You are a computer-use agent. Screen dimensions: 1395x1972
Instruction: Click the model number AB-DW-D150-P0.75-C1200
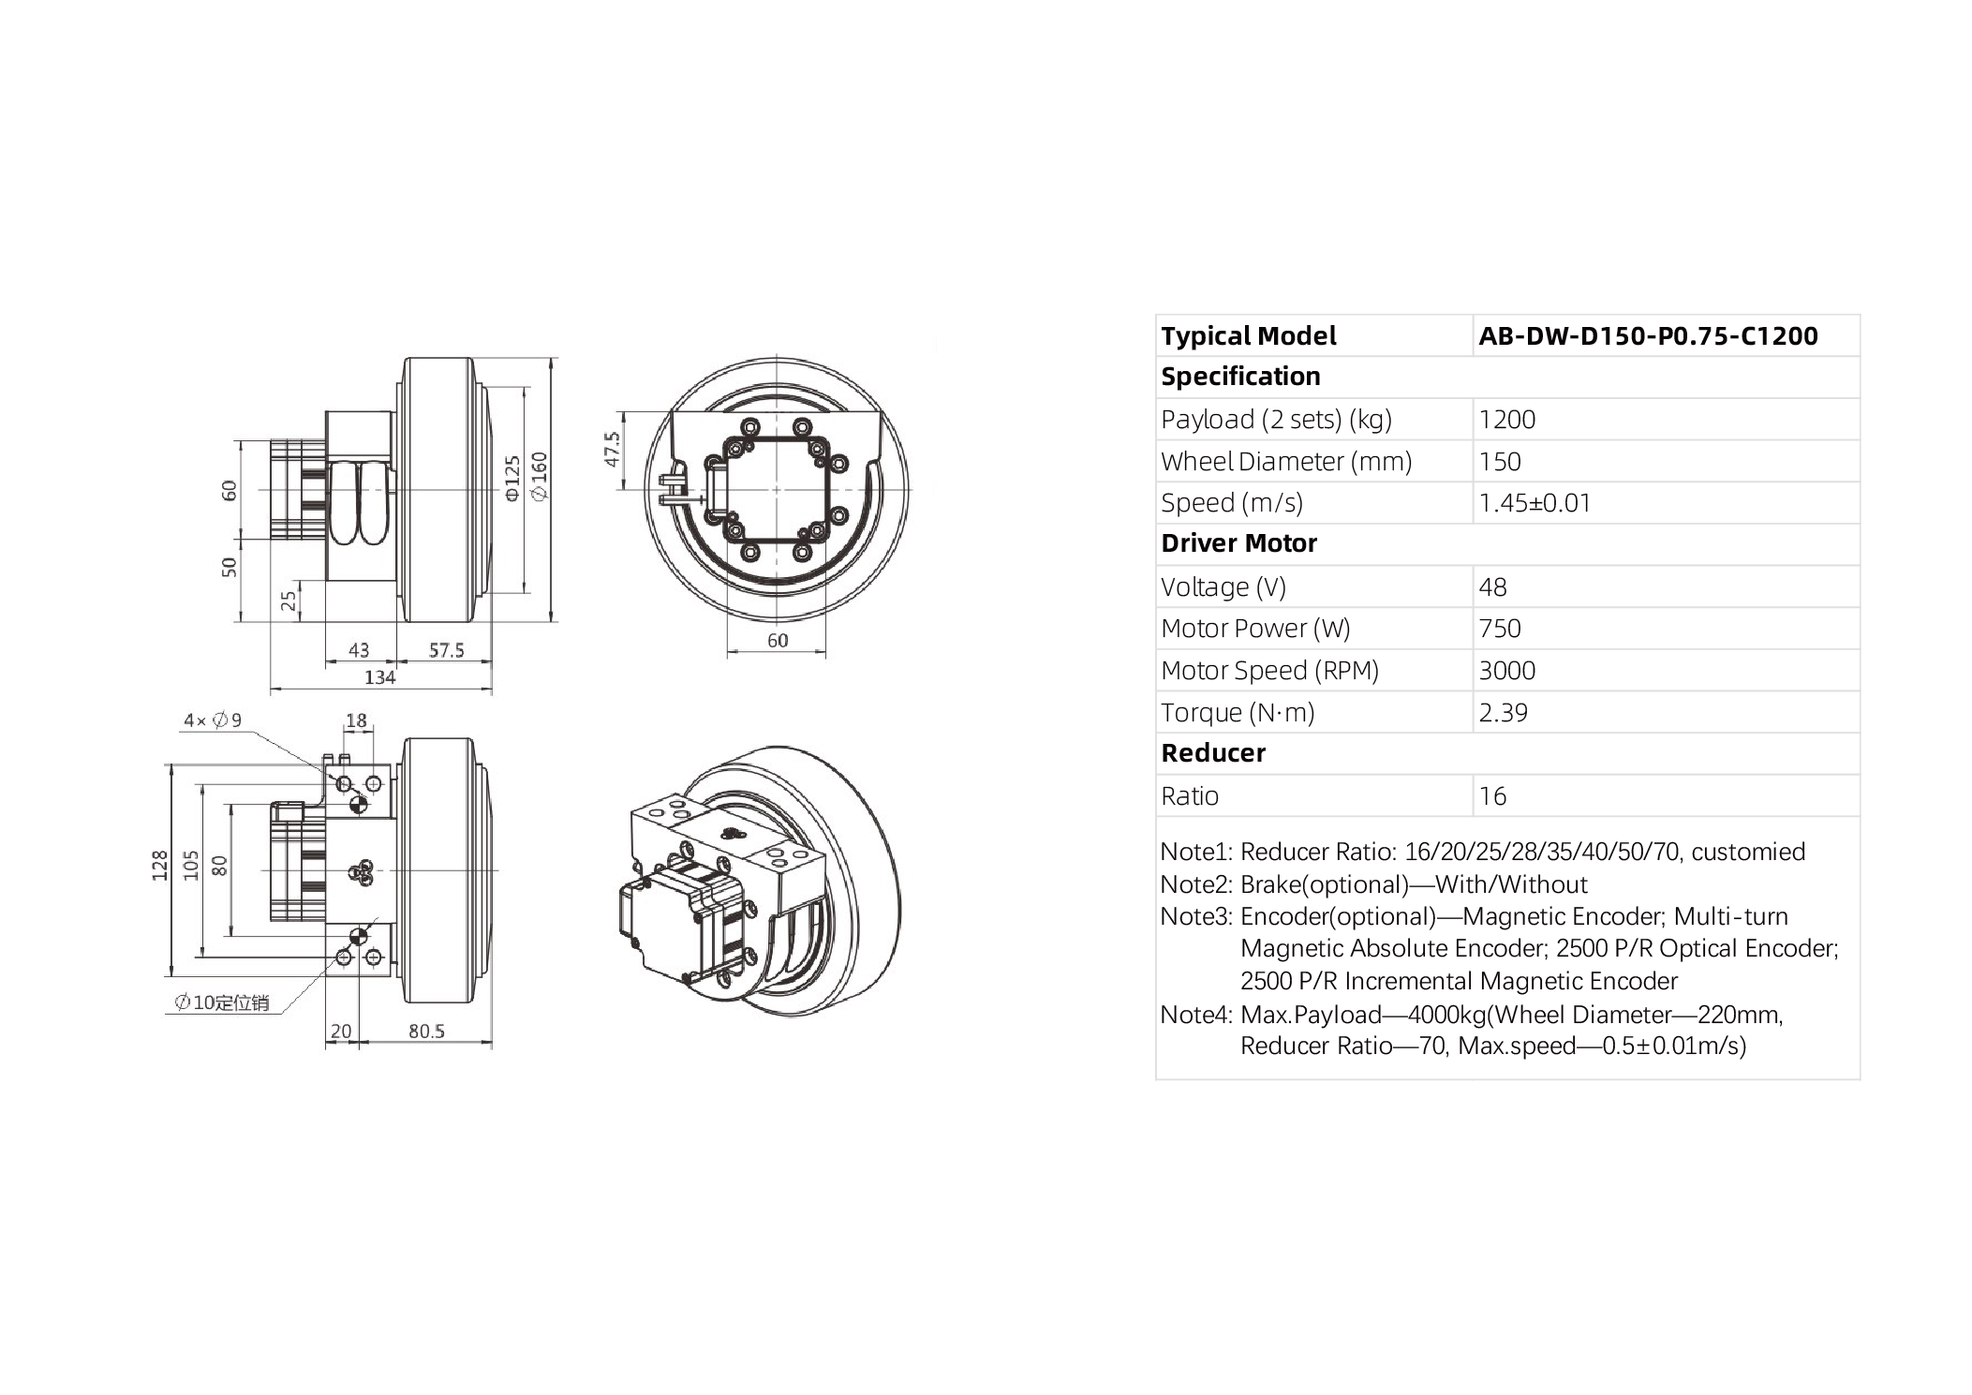pyautogui.click(x=1647, y=335)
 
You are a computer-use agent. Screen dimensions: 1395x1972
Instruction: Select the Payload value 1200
pyautogui.click(x=1506, y=419)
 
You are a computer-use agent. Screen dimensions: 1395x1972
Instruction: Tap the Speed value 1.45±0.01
pyautogui.click(x=1534, y=503)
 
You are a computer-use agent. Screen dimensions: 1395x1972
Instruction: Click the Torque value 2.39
pyautogui.click(x=1502, y=713)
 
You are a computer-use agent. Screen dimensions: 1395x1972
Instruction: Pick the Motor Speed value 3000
pyautogui.click(x=1506, y=671)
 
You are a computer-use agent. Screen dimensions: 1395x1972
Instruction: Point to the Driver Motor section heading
pyautogui.click(x=1238, y=543)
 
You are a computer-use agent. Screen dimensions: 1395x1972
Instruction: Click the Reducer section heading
pyautogui.click(x=1212, y=753)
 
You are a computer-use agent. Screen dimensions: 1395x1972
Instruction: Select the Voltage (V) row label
pyautogui.click(x=1223, y=587)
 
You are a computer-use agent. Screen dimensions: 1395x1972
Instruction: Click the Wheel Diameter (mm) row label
pyautogui.click(x=1285, y=462)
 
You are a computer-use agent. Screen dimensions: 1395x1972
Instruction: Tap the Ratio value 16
pyautogui.click(x=1491, y=796)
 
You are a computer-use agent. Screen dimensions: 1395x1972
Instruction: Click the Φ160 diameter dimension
pyautogui.click(x=540, y=476)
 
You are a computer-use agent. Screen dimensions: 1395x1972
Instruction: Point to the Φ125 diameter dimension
pyautogui.click(x=512, y=478)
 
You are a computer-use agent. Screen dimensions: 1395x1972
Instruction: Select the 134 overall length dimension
pyautogui.click(x=379, y=677)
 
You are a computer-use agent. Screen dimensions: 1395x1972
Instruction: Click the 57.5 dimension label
pyautogui.click(x=446, y=650)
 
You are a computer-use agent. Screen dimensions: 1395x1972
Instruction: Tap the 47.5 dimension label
pyautogui.click(x=612, y=450)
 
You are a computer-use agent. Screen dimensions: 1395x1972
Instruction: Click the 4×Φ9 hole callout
pyautogui.click(x=213, y=720)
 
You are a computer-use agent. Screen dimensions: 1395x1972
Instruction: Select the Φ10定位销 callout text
pyautogui.click(x=222, y=1003)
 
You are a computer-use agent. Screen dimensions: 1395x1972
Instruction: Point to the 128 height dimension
pyautogui.click(x=160, y=865)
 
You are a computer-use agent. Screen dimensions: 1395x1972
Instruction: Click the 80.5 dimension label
pyautogui.click(x=426, y=1031)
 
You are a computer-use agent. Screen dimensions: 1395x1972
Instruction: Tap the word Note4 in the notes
pyautogui.click(x=1193, y=1015)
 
